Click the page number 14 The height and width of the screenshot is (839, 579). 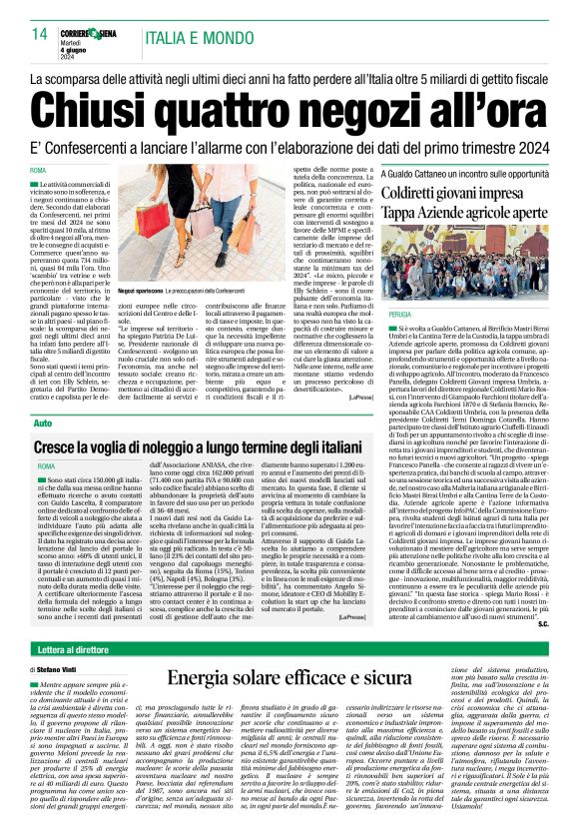tap(41, 34)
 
